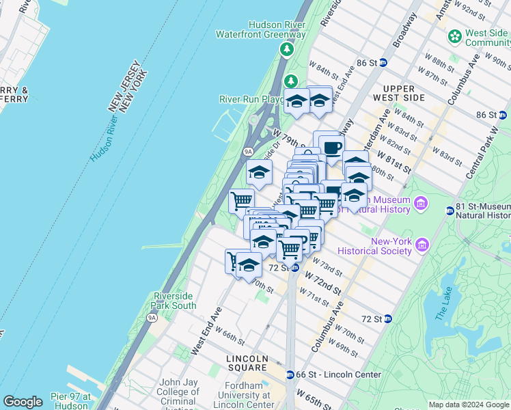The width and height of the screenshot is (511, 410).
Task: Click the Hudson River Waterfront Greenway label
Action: tap(260, 29)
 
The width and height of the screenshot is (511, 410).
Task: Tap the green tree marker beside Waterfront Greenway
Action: tap(287, 49)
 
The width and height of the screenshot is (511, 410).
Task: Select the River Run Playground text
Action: tap(251, 99)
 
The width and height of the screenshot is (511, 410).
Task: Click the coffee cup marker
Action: tap(332, 148)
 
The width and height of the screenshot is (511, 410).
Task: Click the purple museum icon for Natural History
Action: tap(421, 203)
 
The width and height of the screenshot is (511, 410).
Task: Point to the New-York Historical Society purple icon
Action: tap(422, 245)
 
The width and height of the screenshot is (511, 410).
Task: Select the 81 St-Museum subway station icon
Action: tap(450, 210)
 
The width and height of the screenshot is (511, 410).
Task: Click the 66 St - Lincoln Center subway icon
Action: tap(290, 374)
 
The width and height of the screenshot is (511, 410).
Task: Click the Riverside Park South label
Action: tap(174, 301)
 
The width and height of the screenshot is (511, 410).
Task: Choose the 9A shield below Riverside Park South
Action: tap(152, 318)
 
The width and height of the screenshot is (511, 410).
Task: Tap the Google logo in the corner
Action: tap(23, 402)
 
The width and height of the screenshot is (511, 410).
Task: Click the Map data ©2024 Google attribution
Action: tap(469, 405)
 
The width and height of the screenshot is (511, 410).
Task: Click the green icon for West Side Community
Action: tap(454, 36)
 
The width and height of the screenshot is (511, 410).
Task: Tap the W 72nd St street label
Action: tap(322, 282)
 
